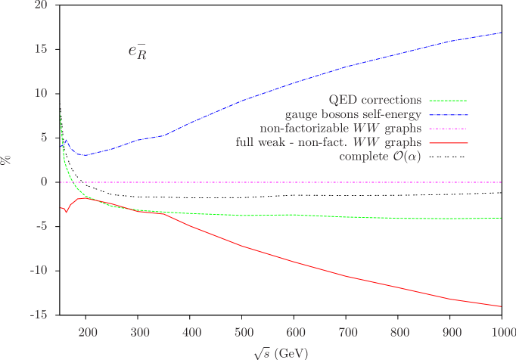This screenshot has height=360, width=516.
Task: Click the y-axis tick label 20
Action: click(x=40, y=5)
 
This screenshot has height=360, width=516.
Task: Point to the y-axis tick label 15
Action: click(x=40, y=49)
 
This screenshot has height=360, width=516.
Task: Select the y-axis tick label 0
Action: click(x=43, y=182)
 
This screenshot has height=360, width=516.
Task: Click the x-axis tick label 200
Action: click(x=88, y=332)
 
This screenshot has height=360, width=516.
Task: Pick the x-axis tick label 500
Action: click(x=243, y=332)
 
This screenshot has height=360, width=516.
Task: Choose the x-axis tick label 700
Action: click(x=347, y=332)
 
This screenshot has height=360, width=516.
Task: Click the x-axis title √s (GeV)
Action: click(x=281, y=352)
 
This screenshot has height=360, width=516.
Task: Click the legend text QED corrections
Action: click(x=375, y=100)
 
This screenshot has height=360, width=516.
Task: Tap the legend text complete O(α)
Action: click(x=381, y=157)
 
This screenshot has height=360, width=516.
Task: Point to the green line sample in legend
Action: click(x=448, y=100)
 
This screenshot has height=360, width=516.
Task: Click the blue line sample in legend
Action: click(x=448, y=114)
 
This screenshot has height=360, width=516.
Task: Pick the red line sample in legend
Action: click(x=448, y=142)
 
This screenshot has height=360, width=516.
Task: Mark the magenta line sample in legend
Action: click(x=448, y=129)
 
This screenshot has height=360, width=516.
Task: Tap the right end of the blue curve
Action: click(x=502, y=33)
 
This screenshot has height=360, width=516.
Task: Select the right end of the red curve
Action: click(x=502, y=306)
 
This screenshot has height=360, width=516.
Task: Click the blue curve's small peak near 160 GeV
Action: click(x=67, y=140)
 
